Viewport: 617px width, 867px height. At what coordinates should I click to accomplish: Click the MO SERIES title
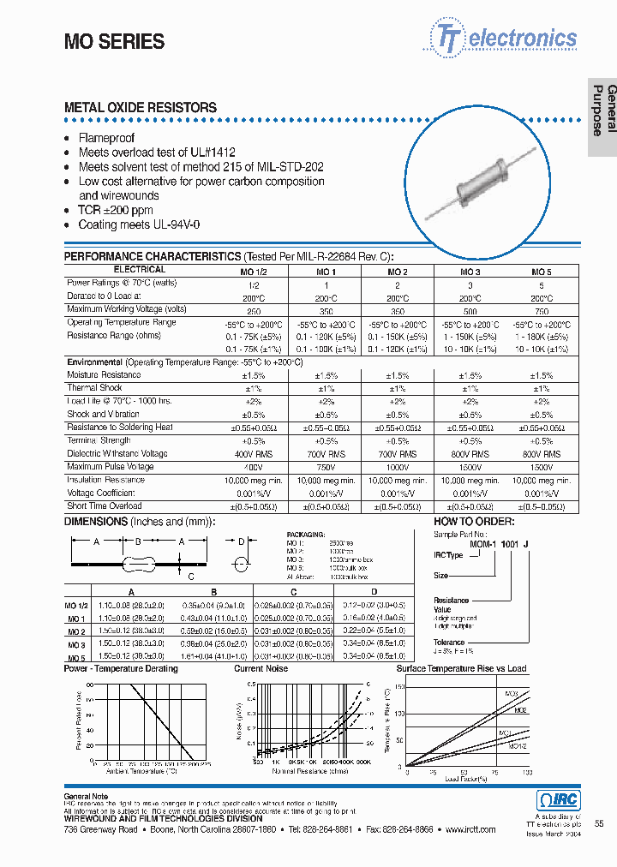(115, 41)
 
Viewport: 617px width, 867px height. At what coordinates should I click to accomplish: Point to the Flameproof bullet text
(106, 138)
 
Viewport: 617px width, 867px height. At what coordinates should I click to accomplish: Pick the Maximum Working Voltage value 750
(542, 310)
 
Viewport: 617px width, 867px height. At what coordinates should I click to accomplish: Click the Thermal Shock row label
(95, 388)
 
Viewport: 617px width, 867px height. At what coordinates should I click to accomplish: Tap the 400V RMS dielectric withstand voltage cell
(253, 454)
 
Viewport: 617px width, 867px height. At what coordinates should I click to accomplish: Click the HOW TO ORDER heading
(474, 522)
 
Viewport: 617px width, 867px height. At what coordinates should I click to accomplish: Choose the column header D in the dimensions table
(373, 591)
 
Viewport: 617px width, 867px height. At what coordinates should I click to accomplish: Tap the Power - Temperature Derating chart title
(121, 668)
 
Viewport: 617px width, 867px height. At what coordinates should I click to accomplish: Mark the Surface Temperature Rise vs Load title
(461, 668)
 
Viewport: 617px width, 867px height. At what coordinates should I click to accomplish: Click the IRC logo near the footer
(558, 800)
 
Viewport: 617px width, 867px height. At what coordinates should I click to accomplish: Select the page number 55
(599, 823)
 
